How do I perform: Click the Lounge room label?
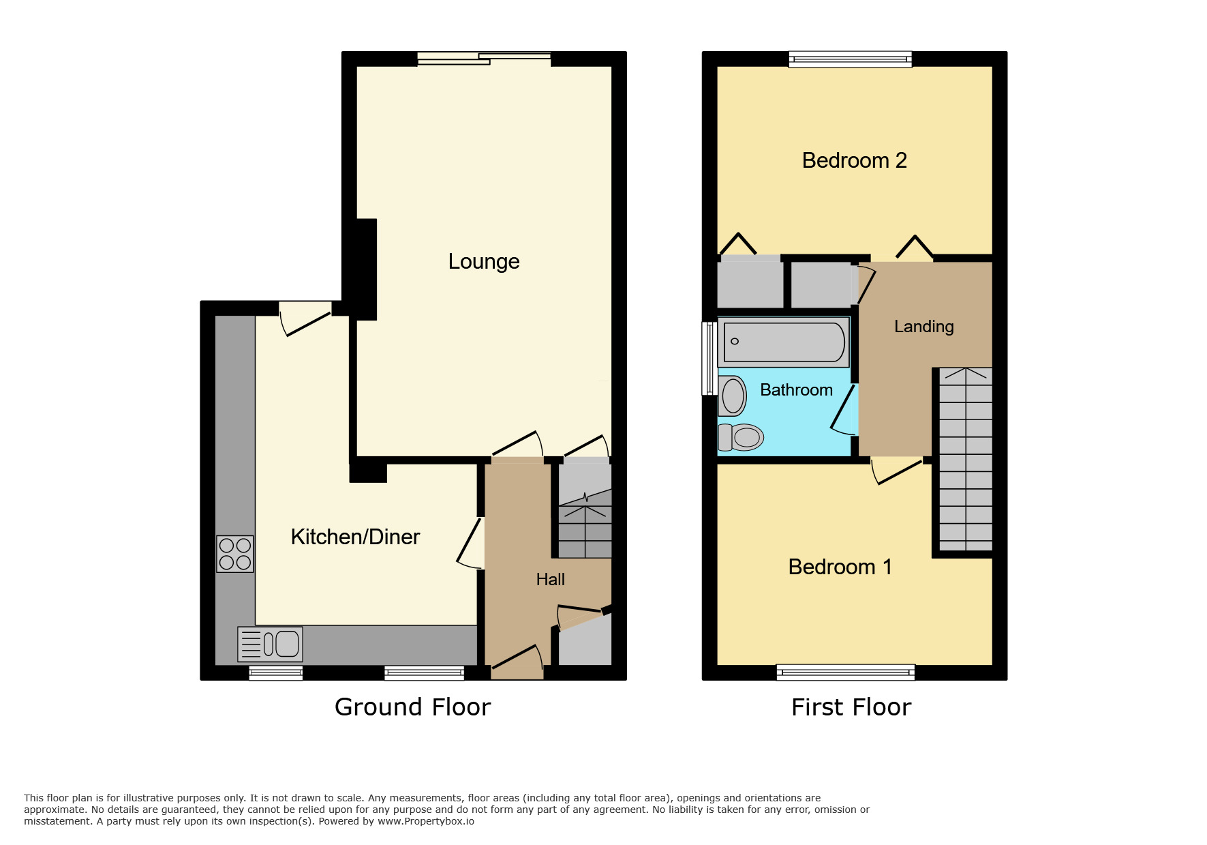click(484, 261)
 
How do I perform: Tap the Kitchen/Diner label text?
click(355, 537)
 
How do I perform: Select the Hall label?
click(550, 579)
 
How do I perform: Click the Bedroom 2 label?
click(854, 160)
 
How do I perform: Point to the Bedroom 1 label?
click(840, 567)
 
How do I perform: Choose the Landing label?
click(923, 327)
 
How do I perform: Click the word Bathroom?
click(796, 390)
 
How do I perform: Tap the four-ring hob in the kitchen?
click(235, 554)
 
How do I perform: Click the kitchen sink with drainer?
click(271, 644)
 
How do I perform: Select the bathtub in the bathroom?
click(784, 342)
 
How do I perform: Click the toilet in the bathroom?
click(741, 437)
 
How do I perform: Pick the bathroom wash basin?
click(733, 396)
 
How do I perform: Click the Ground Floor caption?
click(412, 707)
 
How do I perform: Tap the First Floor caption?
click(851, 707)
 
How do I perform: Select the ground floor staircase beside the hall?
click(585, 525)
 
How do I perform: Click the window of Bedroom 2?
click(850, 59)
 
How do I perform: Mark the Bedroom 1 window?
click(845, 672)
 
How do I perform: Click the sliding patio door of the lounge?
click(484, 59)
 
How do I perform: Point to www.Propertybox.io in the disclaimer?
click(426, 821)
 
